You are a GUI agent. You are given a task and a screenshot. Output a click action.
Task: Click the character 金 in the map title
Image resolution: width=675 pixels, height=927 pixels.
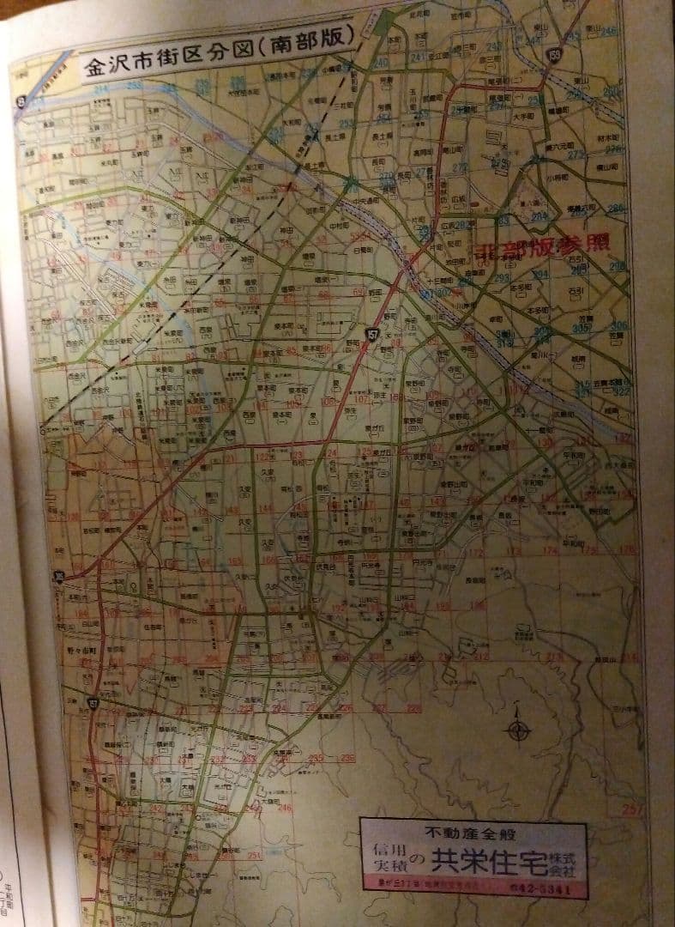pyautogui.click(x=93, y=68)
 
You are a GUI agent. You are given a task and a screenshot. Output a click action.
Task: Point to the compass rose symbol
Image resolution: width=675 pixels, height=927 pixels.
pyautogui.click(x=519, y=731)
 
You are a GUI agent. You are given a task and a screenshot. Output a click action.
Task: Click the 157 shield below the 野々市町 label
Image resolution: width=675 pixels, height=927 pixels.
pyautogui.click(x=93, y=704)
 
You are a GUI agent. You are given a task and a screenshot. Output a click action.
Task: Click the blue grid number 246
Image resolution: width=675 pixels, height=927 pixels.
pyautogui.click(x=609, y=33)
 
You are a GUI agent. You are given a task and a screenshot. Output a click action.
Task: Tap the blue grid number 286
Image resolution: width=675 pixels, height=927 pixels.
pyautogui.click(x=615, y=209)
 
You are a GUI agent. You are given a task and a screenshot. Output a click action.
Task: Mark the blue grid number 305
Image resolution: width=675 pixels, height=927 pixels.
pyautogui.click(x=583, y=328)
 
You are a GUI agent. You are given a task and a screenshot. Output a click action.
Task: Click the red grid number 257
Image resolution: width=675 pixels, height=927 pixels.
pyautogui.click(x=632, y=809)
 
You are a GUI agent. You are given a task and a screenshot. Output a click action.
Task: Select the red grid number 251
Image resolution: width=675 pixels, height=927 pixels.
pyautogui.click(x=253, y=855)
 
